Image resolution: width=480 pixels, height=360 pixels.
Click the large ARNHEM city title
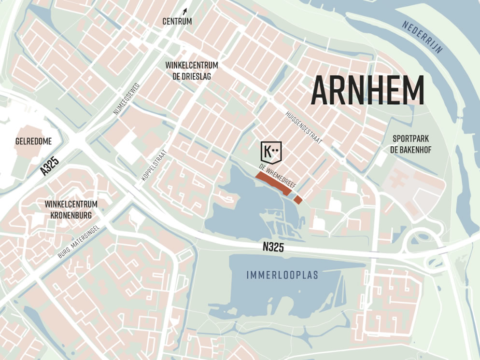pos(367,90)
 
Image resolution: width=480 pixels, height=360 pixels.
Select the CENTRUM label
pos(177,21)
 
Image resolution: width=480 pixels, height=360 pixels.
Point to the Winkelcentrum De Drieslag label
pos(192,70)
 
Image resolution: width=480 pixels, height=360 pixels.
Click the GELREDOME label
pos(33,141)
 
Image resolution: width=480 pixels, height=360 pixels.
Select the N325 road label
pos(273,248)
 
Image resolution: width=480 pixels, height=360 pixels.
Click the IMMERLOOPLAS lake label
pos(282,275)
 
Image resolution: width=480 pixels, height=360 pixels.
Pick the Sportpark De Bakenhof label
pos(410,144)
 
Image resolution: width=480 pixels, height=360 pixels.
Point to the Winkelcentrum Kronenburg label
pos(71,209)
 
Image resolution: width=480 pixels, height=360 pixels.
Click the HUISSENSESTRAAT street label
pos(303,125)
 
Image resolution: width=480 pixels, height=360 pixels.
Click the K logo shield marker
pos(270,152)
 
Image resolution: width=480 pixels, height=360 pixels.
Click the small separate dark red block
pos(298,199)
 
